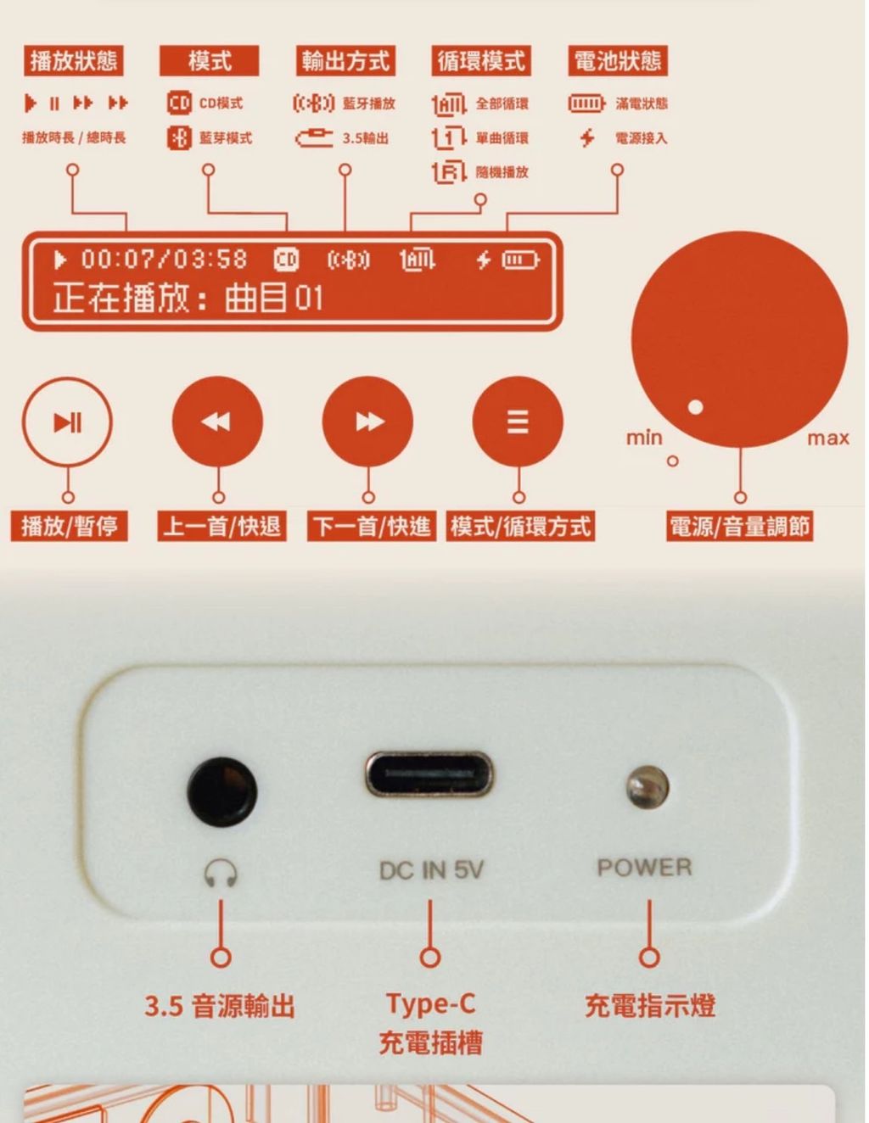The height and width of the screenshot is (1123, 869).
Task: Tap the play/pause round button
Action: pyautogui.click(x=67, y=422)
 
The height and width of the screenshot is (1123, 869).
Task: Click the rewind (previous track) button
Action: pyautogui.click(x=217, y=422)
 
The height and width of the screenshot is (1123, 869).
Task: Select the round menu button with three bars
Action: pyautogui.click(x=518, y=422)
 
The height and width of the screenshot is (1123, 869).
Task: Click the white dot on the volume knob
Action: pyautogui.click(x=695, y=407)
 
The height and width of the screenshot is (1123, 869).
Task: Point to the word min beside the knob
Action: pyautogui.click(x=644, y=438)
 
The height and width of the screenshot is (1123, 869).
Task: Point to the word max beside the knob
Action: pyautogui.click(x=828, y=439)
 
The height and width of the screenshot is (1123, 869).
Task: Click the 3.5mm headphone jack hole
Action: pyautogui.click(x=222, y=791)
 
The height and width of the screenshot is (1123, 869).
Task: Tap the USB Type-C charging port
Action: pyautogui.click(x=429, y=774)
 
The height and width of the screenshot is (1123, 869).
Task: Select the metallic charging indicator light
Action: pyautogui.click(x=648, y=787)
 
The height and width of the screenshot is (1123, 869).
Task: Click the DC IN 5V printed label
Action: pyautogui.click(x=431, y=870)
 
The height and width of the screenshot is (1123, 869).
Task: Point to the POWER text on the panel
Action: pyautogui.click(x=645, y=867)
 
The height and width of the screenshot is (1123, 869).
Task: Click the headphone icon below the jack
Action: pyautogui.click(x=221, y=873)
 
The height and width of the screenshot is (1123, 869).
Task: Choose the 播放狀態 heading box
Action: pyautogui.click(x=74, y=60)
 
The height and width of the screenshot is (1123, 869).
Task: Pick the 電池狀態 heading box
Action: pyautogui.click(x=618, y=60)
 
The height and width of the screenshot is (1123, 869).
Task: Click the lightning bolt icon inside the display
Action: pyautogui.click(x=484, y=260)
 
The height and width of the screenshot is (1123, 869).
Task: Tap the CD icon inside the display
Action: pyautogui.click(x=286, y=260)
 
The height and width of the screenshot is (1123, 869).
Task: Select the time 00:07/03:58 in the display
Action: pyautogui.click(x=165, y=259)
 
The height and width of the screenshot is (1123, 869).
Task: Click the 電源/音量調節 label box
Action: pyautogui.click(x=740, y=526)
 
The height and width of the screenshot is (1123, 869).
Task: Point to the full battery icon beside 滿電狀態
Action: pyautogui.click(x=586, y=103)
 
